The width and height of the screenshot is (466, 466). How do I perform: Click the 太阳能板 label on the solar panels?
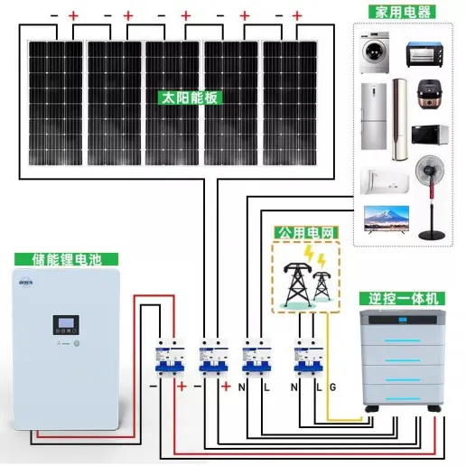pos(190,98)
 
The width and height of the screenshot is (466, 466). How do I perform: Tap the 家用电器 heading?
pos(402,12)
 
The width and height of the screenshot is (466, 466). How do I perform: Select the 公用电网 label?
pos(306,233)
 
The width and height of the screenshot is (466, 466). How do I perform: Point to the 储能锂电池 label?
pos(66,259)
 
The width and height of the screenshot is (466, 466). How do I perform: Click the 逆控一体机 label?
pos(402,299)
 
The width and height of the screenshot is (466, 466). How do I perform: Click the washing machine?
pos(375,52)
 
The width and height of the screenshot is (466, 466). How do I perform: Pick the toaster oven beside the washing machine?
pos(424,54)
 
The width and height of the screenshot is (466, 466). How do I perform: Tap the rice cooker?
pos(430,94)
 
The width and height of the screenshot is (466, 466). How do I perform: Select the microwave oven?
pos(430,135)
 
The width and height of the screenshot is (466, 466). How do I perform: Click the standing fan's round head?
pos(430,169)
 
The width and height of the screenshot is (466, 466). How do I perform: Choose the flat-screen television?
pos(387,219)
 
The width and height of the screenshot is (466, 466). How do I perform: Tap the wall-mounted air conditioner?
pos(385,182)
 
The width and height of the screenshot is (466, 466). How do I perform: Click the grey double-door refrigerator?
pos(374,116)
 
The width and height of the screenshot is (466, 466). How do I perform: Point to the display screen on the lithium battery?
pos(66,323)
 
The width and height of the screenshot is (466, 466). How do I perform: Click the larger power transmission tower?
pos(297,284)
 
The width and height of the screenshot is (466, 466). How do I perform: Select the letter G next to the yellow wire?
pos(332,387)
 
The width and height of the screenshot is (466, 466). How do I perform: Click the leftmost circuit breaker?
pos(170,358)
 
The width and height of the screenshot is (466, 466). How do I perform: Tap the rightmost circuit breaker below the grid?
pos(309,358)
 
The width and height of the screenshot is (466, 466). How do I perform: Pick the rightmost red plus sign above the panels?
pos(297,15)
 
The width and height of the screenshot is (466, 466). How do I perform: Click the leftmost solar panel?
pos(55,103)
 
